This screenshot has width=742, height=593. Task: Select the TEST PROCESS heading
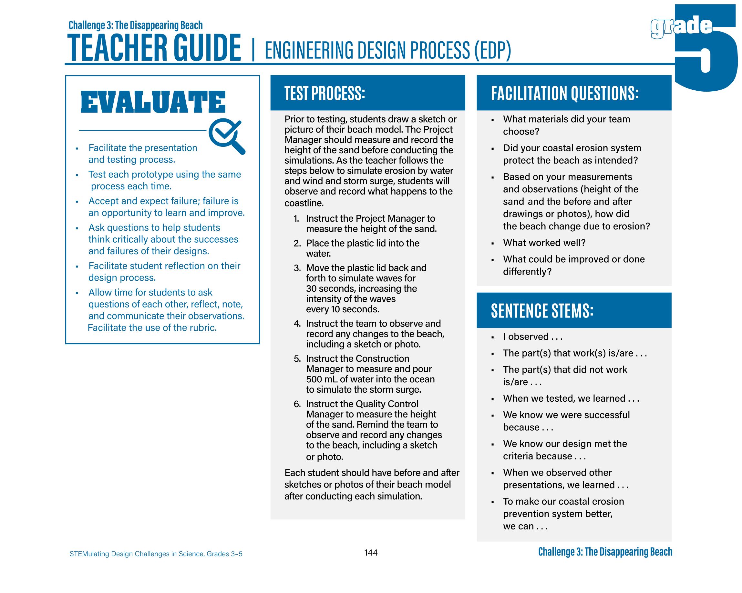pos(324,93)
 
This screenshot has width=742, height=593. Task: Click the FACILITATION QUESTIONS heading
pos(564,93)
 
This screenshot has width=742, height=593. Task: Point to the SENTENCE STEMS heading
pos(542,311)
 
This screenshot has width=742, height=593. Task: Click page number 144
pos(371,552)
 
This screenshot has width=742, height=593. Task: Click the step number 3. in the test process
pos(297,268)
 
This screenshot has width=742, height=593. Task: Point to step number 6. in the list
pos(297,404)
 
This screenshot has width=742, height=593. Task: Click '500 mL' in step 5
pos(322,379)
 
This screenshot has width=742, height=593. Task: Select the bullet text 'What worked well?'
pos(544,243)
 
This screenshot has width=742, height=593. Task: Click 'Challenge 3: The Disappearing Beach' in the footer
pos(605,552)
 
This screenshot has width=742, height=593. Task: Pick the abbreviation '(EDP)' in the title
pos(492,50)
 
